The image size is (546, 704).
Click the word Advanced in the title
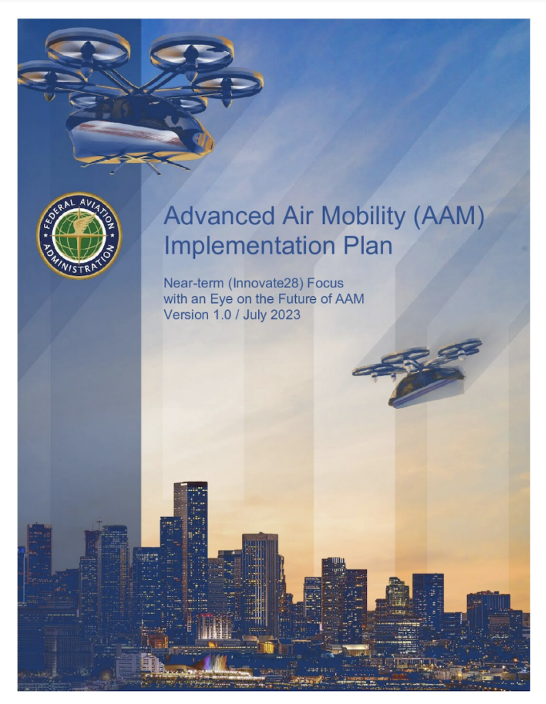tap(219, 216)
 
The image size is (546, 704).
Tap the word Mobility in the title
tap(363, 216)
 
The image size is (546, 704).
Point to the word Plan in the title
tap(367, 245)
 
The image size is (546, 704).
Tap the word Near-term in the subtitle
tap(194, 284)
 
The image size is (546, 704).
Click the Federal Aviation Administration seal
tap(79, 236)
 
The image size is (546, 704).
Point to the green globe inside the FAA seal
tap(79, 236)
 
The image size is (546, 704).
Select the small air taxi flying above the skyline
tap(418, 373)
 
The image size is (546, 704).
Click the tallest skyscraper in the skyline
tap(191, 552)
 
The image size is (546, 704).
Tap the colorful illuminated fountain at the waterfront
tap(216, 662)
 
